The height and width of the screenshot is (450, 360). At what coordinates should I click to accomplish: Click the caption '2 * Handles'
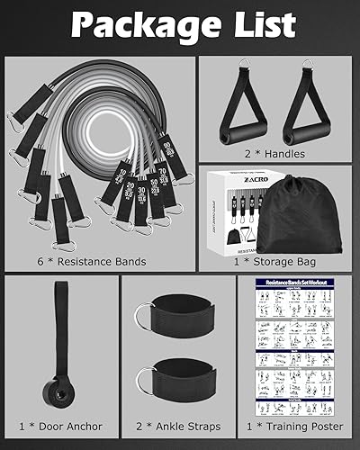click(274, 154)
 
